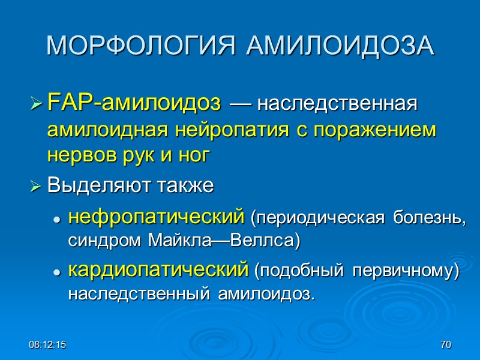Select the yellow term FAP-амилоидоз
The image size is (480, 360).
133,103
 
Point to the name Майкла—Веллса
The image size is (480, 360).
240,241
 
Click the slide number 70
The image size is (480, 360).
445,345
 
